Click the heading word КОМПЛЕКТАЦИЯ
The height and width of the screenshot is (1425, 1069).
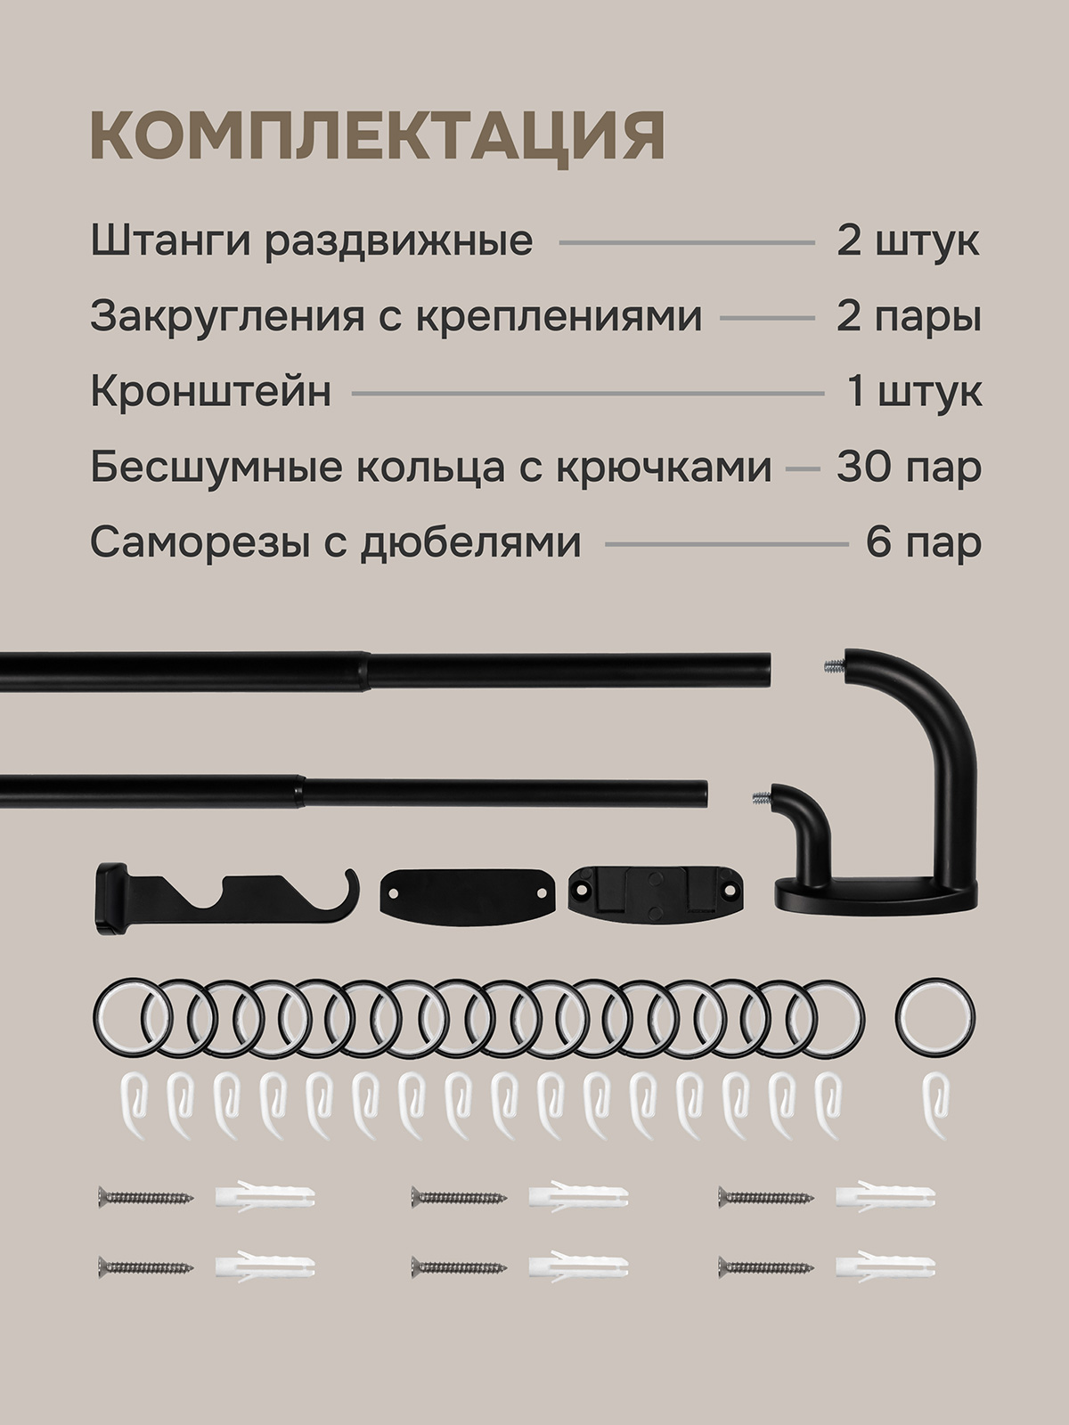377,138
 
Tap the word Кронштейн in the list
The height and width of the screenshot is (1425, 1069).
211,392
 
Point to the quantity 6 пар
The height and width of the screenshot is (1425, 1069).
924,542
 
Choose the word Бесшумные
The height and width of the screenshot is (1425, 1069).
216,467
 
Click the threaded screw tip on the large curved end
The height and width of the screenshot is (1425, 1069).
833,664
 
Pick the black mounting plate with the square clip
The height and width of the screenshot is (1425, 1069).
657,894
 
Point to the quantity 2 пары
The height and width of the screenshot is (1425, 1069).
909,318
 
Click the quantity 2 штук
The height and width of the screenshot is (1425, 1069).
908,241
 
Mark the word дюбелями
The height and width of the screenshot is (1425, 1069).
470,543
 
